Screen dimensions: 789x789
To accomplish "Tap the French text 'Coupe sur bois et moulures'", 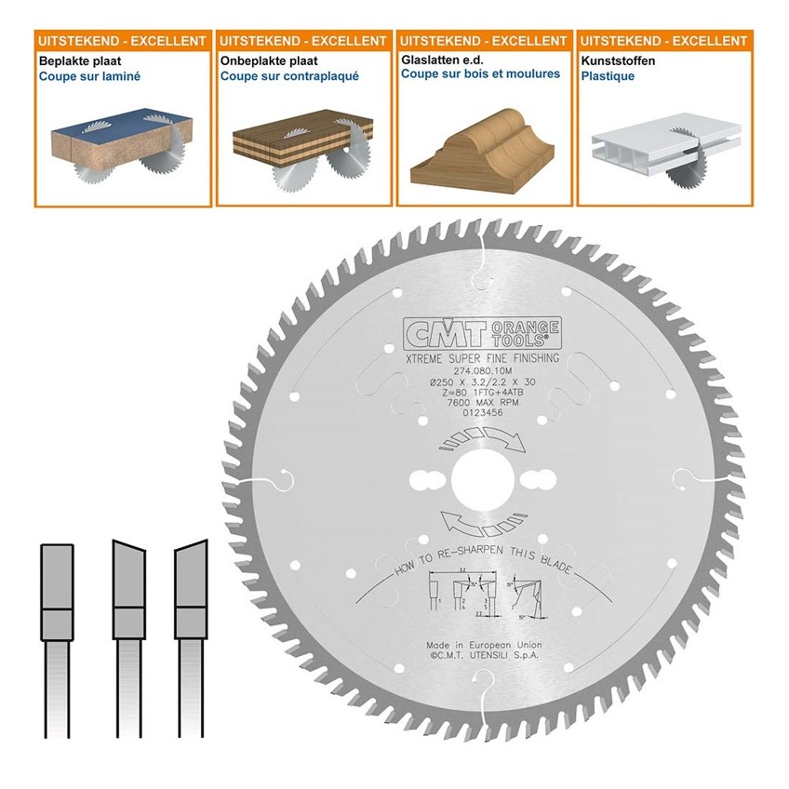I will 480,74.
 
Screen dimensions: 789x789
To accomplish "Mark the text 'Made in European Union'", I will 484,644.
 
